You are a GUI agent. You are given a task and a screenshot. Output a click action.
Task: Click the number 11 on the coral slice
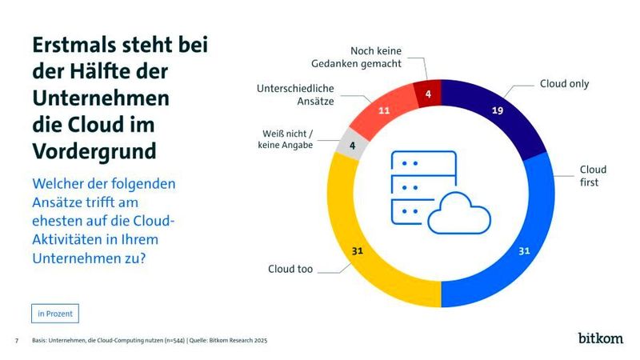click(384, 110)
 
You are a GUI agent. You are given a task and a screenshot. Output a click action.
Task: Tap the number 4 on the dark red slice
click(428, 94)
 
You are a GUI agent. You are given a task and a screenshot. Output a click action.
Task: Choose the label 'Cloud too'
click(290, 269)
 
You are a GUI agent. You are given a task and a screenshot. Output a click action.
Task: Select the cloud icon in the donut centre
click(456, 214)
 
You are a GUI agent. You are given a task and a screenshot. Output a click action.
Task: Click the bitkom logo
click(600, 338)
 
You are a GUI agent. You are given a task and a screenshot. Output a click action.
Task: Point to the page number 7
click(17, 341)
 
